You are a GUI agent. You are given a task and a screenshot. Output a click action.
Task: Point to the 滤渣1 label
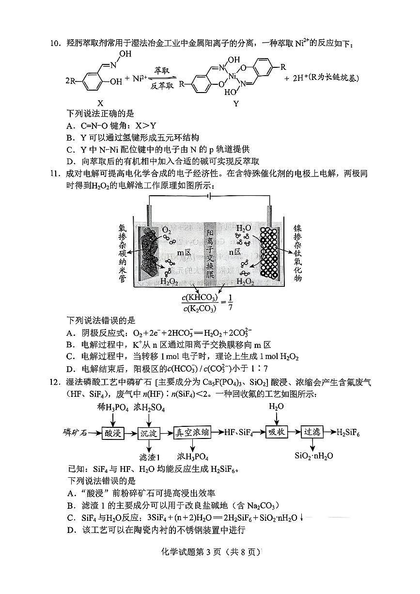coord(149,456)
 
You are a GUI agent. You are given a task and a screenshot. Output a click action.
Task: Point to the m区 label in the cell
coord(184,252)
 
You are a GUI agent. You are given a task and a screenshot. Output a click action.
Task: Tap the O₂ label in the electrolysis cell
coord(166,229)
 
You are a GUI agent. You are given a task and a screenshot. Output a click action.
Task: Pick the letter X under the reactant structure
coord(100,103)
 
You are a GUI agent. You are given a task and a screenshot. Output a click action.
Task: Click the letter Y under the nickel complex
coord(236,103)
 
